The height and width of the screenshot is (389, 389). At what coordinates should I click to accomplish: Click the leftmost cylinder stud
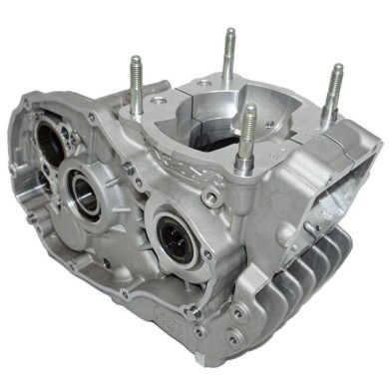tap(135, 85)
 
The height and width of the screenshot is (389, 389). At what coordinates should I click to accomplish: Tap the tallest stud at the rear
tap(229, 60)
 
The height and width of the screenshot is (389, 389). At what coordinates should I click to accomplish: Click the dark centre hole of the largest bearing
tap(174, 242)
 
